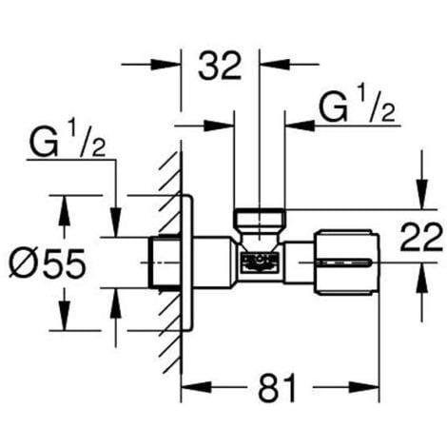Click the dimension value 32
pyautogui.click(x=221, y=67)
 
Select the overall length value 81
pyautogui.click(x=280, y=387)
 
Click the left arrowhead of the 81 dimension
pyautogui.click(x=188, y=388)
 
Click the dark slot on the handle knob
pyautogui.click(x=356, y=260)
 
